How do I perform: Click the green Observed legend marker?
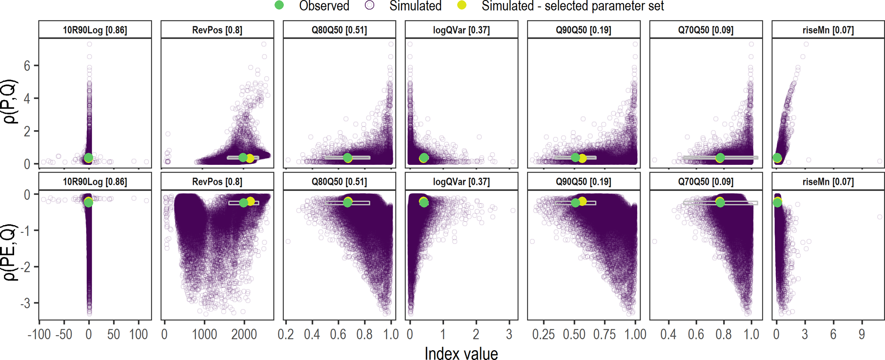279,6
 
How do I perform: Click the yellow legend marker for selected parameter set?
462,6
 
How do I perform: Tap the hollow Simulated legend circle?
369,6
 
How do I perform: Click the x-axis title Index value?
461,354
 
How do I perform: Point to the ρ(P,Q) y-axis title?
10,101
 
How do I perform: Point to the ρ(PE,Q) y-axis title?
10,253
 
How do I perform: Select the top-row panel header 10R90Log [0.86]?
95,30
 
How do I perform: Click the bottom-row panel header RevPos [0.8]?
217,182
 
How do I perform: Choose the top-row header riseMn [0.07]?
828,30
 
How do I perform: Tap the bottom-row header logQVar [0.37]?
462,182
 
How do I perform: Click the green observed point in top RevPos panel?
243,158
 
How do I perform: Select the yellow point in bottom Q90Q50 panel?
582,201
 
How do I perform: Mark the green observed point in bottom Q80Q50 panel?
348,202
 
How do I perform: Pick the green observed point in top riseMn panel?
777,158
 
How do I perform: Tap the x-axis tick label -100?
39,334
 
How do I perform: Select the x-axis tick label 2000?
244,334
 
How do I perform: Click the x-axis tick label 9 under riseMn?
861,334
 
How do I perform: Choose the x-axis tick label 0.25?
544,334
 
